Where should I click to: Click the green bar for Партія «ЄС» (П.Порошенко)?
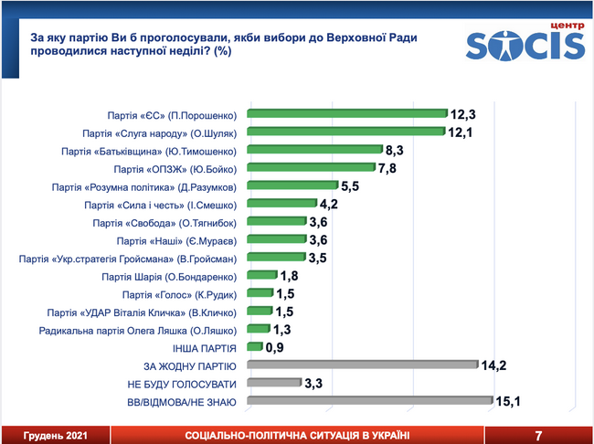click(346, 116)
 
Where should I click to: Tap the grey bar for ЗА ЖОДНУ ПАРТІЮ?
click(362, 365)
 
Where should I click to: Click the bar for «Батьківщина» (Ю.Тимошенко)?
click(313, 152)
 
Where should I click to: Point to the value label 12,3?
click(464, 115)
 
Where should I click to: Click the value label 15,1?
click(510, 401)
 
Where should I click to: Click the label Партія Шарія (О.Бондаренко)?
click(169, 277)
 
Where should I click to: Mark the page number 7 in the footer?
click(539, 435)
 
